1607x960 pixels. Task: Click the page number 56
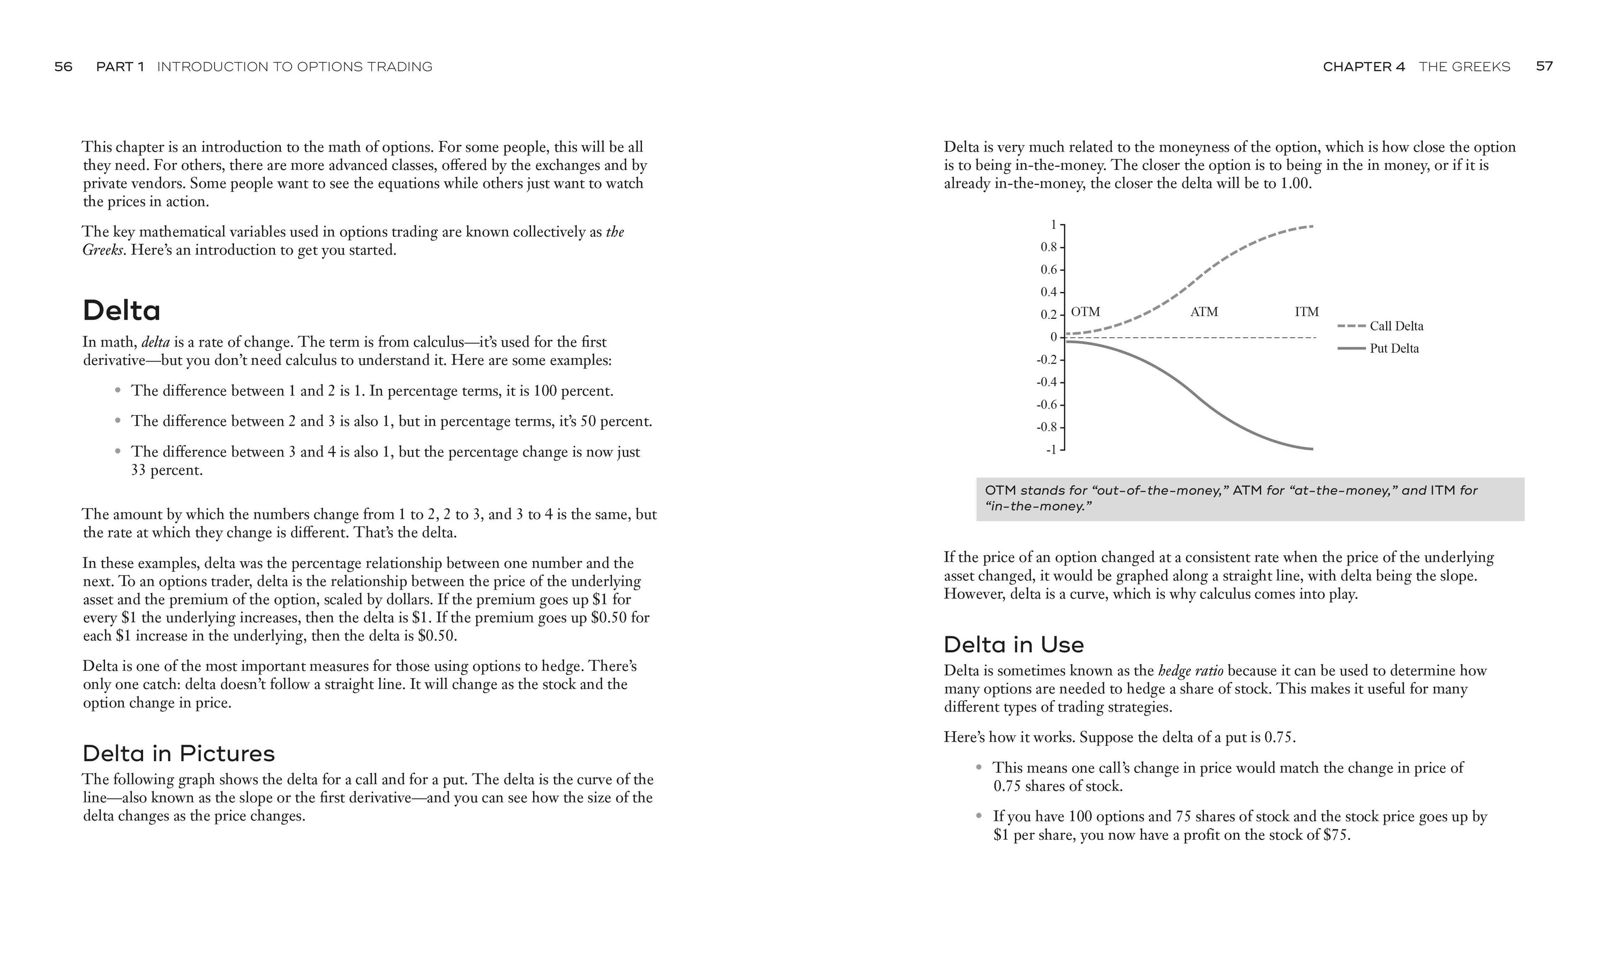point(63,67)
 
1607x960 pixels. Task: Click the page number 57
point(1544,67)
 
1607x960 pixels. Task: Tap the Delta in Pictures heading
point(179,754)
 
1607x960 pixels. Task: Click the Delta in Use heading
point(1013,645)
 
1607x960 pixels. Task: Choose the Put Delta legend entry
point(1394,349)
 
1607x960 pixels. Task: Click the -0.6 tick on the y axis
point(1046,405)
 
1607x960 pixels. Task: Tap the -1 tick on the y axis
point(1051,449)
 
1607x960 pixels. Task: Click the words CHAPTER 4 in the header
point(1364,67)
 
